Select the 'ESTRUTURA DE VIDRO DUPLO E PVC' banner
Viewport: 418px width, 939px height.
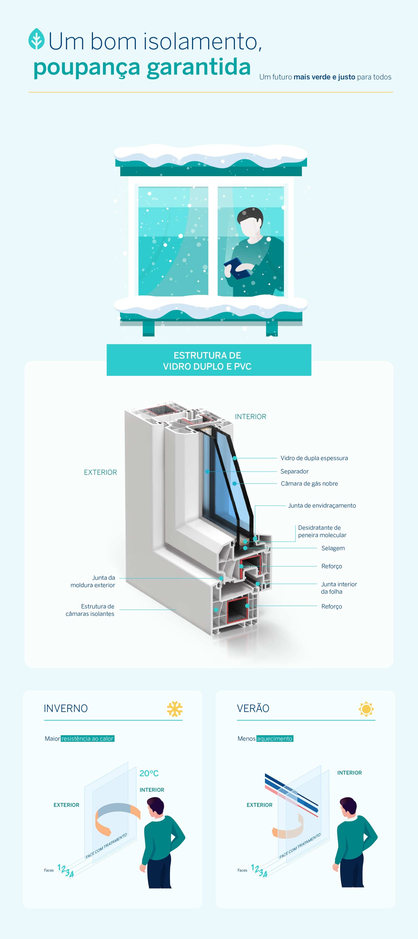(x=209, y=360)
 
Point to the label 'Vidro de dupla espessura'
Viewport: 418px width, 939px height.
(x=314, y=458)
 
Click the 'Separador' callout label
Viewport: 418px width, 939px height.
(x=294, y=471)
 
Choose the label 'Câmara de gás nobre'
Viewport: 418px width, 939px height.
(x=309, y=484)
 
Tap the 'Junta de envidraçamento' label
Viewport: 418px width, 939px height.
(x=322, y=506)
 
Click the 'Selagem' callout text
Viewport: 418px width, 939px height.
(x=333, y=548)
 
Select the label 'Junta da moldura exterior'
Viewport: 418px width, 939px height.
(x=93, y=581)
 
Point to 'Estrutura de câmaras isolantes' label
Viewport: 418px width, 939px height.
(x=90, y=610)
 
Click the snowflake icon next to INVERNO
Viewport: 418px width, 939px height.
(x=175, y=709)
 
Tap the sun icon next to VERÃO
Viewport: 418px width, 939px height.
(x=366, y=709)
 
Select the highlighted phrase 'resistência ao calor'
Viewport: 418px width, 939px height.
(x=88, y=739)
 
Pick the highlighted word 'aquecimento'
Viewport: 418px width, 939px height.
(x=275, y=739)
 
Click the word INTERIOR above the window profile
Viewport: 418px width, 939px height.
(x=251, y=417)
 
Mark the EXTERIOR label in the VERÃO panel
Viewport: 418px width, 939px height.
(x=259, y=805)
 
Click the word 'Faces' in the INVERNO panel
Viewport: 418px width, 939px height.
(x=49, y=870)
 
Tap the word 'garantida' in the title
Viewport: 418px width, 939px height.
(x=199, y=67)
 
